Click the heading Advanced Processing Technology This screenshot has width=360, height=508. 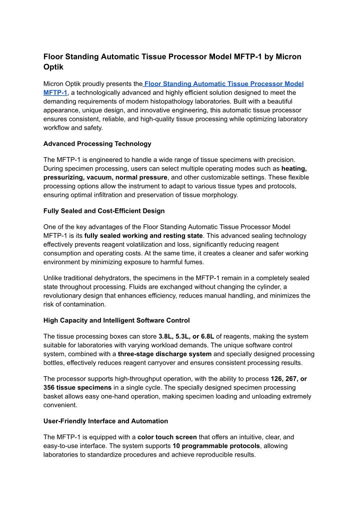pos(97,144)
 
